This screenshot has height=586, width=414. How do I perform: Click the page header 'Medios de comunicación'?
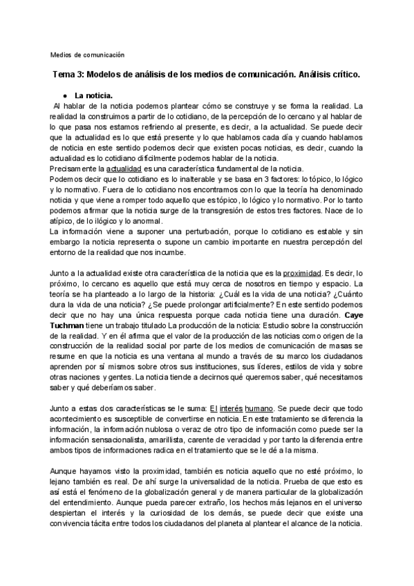click(x=87, y=55)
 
